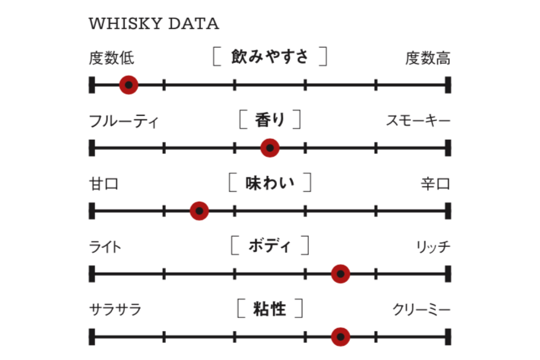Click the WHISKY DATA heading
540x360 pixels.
tap(154, 24)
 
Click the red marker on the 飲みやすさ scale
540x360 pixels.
tap(129, 85)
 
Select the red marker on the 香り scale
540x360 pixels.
tap(270, 148)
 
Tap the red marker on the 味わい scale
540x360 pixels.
tap(200, 211)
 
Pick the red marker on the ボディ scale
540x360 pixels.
tap(340, 274)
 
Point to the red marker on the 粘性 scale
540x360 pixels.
tap(340, 337)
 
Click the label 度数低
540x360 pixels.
tap(111, 58)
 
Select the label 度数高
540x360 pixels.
tap(428, 58)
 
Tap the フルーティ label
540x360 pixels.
tap(124, 122)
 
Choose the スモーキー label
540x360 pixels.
tap(418, 121)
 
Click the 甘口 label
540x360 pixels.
tap(104, 184)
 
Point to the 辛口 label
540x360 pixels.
tap(435, 184)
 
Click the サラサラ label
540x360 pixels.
tap(115, 310)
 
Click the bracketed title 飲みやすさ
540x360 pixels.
tap(270, 57)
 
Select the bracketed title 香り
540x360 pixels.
tap(270, 120)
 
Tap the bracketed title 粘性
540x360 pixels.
tap(270, 309)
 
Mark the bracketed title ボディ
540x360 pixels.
tap(270, 246)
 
